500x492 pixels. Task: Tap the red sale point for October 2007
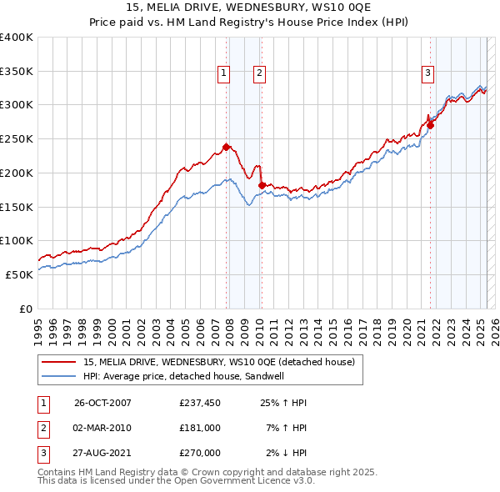click(x=226, y=147)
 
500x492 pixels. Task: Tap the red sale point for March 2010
click(x=262, y=185)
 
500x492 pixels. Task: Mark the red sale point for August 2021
click(x=431, y=125)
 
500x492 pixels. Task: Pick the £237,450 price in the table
click(x=199, y=403)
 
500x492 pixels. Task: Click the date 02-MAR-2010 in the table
click(x=102, y=428)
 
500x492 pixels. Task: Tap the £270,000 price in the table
click(x=199, y=453)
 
